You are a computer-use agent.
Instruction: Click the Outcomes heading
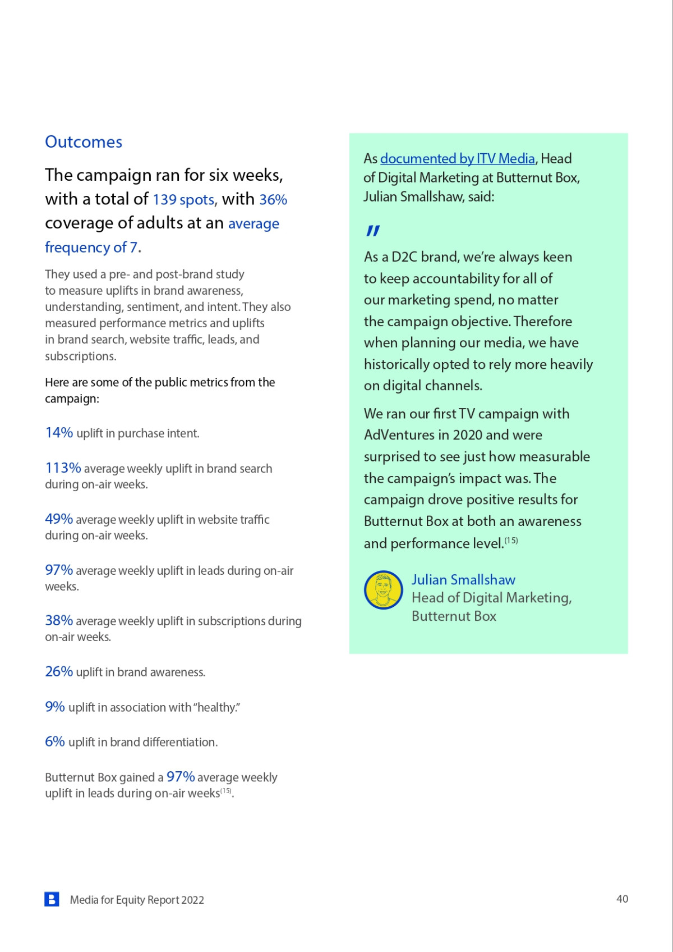click(84, 142)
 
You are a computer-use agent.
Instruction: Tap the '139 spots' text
click(183, 200)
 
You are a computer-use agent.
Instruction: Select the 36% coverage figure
click(273, 200)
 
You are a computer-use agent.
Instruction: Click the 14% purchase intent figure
click(59, 433)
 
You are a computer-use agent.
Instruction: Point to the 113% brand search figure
click(63, 468)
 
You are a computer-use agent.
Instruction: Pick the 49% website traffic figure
click(59, 519)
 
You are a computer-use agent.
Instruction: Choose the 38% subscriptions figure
click(59, 621)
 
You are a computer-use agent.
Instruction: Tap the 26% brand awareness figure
click(59, 672)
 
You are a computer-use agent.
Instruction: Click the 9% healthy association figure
click(55, 707)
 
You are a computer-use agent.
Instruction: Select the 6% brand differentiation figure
click(55, 742)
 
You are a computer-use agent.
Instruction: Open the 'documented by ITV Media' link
click(457, 159)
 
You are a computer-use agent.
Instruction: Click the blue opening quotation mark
click(373, 231)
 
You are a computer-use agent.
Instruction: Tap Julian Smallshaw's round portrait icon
click(384, 590)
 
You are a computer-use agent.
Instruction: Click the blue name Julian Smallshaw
click(463, 580)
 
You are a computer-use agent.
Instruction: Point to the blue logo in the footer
click(52, 899)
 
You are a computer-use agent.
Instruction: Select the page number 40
click(622, 899)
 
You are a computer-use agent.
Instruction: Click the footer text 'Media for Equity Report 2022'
click(137, 900)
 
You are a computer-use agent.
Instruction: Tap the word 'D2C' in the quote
click(404, 257)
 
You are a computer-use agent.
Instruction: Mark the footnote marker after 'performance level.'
click(511, 541)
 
